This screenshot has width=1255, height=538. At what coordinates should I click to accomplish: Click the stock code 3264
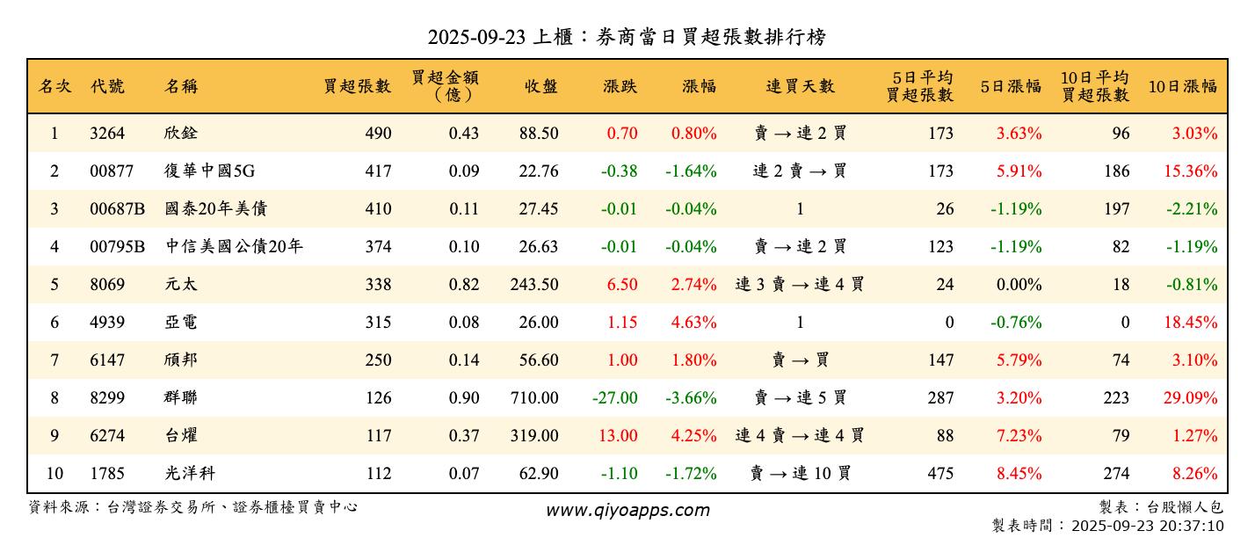tap(107, 134)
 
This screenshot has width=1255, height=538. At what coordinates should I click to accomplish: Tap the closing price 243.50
tap(533, 285)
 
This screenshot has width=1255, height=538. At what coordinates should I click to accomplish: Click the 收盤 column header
tap(541, 86)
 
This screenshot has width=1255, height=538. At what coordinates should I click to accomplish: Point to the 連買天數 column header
tap(800, 86)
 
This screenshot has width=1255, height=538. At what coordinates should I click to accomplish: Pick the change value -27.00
tap(614, 398)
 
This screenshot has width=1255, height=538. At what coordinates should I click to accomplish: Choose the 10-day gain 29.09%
tap(1190, 398)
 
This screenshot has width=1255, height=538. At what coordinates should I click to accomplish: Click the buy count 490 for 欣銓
tap(378, 134)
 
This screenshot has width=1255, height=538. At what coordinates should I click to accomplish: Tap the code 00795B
tap(117, 247)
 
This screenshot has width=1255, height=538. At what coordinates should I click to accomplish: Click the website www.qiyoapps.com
tap(627, 510)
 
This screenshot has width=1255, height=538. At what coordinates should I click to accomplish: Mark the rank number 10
tap(54, 474)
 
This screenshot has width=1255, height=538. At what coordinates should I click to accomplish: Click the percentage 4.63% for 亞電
tap(693, 323)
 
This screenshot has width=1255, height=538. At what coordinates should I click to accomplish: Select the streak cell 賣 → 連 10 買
tap(800, 474)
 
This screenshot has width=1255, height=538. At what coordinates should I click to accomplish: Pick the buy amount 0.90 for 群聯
tap(464, 398)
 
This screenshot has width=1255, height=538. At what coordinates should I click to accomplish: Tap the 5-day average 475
tap(940, 474)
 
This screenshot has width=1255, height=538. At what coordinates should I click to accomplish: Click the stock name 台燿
tap(180, 436)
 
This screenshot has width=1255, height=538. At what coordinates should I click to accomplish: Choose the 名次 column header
tap(54, 86)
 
